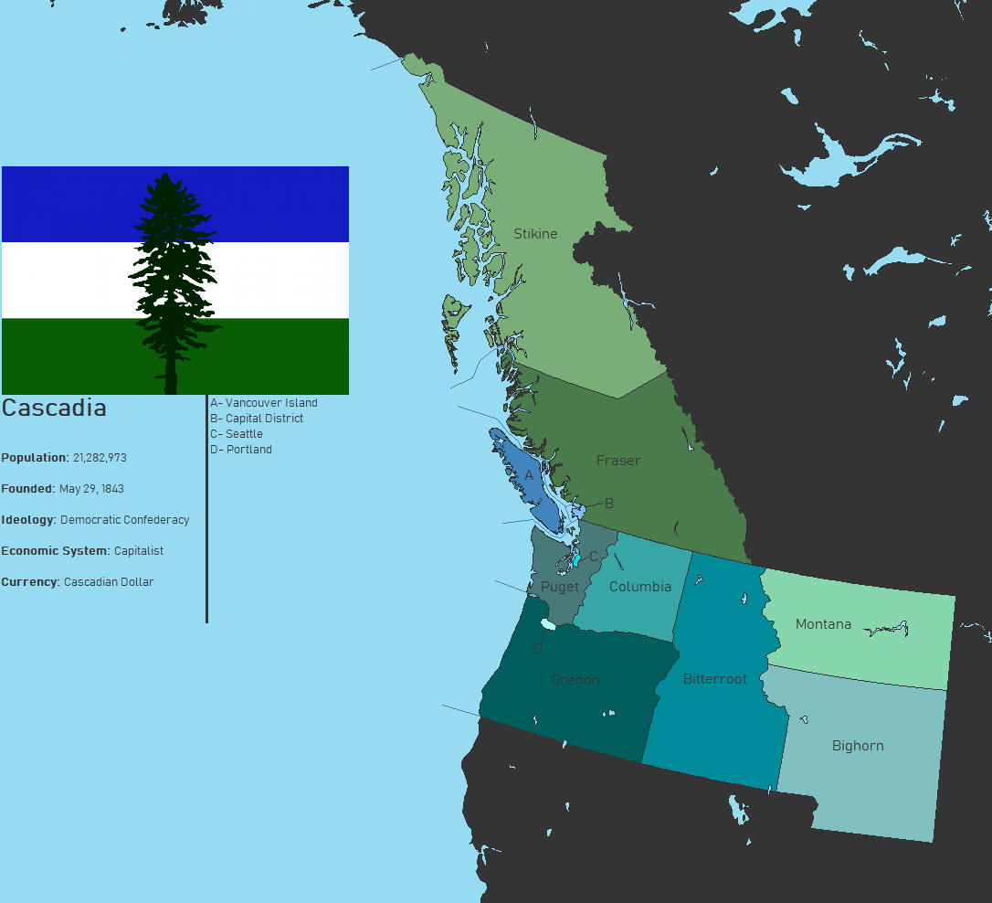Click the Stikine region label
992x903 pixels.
535,234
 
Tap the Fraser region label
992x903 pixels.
618,461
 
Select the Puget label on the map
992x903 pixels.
560,587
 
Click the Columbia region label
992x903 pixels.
640,587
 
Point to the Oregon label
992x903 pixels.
575,680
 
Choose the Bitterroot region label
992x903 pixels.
715,679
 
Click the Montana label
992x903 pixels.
823,624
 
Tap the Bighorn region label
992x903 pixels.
858,746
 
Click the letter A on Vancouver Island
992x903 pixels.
529,475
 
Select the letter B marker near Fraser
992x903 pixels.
609,504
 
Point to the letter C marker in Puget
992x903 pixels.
594,556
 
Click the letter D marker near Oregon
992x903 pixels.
538,649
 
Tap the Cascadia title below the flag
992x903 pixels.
54,409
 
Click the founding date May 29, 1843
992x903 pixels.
91,489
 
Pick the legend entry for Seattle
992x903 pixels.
237,434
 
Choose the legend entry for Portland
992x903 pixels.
241,450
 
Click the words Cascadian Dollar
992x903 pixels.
109,582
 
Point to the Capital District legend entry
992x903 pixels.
257,419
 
